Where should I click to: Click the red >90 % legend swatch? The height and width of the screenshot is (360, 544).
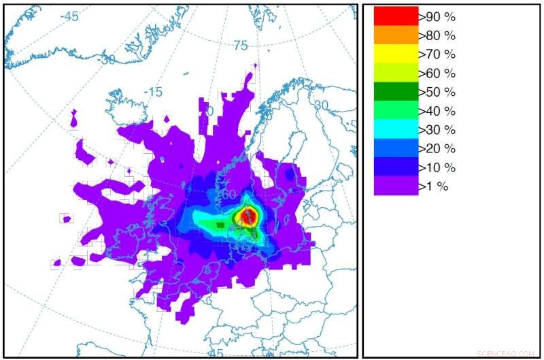(396, 16)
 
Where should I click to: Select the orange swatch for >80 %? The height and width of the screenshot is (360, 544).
(396, 35)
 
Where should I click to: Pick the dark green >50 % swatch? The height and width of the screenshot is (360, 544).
(396, 91)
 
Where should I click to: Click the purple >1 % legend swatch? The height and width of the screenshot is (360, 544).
(396, 186)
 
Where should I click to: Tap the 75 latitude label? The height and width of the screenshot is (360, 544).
(241, 46)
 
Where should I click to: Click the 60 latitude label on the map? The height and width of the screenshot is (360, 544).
(228, 195)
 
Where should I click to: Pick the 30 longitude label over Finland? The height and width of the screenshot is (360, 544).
(321, 106)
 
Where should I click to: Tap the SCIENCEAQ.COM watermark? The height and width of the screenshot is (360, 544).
(506, 354)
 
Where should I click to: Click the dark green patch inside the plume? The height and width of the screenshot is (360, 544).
(220, 225)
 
